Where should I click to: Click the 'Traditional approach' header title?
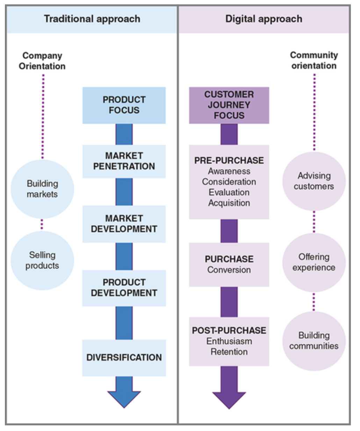coord(92,19)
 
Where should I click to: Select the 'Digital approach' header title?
coord(264,19)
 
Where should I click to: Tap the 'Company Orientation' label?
coord(42,61)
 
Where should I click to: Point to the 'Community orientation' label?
coord(314,60)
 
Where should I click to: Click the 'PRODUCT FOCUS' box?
coord(124,105)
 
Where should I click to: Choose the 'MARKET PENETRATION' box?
coord(124,161)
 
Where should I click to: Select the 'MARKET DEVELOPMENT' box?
coord(124,224)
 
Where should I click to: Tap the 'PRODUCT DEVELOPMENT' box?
coord(124,288)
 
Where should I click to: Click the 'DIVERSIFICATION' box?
coord(124,358)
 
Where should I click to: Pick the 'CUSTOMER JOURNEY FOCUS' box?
coord(229,105)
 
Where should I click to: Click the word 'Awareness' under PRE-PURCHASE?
coord(229,171)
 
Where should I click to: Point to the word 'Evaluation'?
coord(229,192)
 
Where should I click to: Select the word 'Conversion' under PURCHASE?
coord(229,270)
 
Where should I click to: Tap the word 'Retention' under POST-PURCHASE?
coord(229,352)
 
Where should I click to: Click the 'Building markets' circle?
coord(42,189)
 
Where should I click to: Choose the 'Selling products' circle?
coord(42,260)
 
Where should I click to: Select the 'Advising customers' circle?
coord(314,181)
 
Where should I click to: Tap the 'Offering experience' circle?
coord(314,262)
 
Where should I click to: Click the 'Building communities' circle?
coord(314,341)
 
